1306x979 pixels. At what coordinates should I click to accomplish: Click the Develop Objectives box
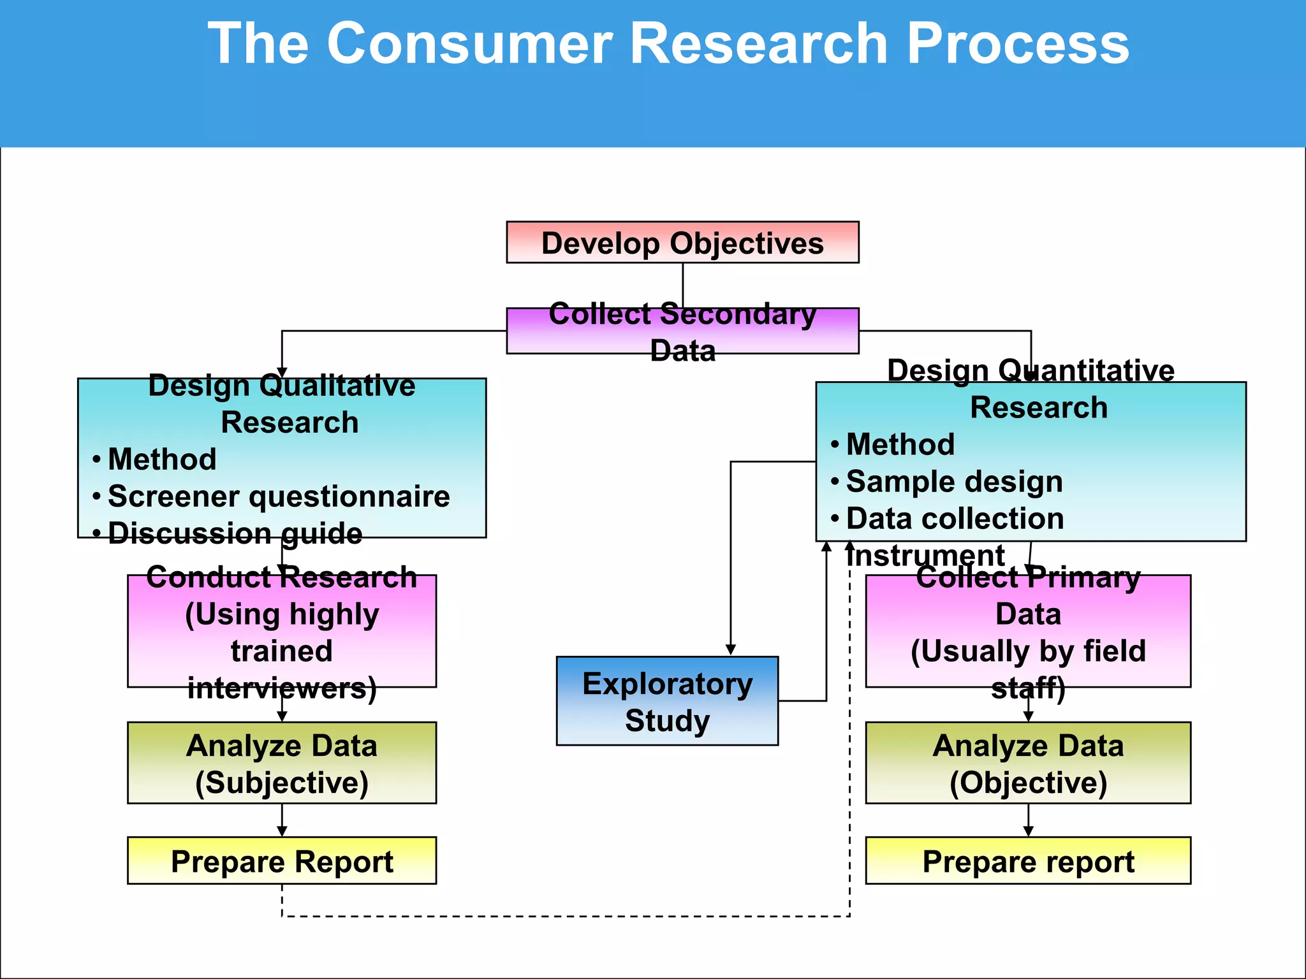coord(682,243)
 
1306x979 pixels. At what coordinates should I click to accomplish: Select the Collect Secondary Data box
coord(682,331)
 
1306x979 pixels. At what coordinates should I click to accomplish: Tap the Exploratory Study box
coord(667,701)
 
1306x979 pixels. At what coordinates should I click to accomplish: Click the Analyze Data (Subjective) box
coord(282,763)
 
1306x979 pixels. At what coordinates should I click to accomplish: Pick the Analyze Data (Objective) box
coord(1028,763)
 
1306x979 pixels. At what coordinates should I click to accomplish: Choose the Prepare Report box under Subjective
coord(282,861)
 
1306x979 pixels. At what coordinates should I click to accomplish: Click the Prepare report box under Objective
coord(1028,861)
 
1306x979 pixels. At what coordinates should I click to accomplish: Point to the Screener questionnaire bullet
coord(279,497)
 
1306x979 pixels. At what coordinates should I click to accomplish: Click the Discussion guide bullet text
coord(235,533)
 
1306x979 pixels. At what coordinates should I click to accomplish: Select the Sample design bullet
coord(954,482)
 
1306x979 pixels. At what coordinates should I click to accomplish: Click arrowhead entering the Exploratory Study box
coord(731,649)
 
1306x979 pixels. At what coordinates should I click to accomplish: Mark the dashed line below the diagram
coord(565,917)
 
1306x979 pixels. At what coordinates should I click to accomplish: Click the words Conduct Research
coord(282,577)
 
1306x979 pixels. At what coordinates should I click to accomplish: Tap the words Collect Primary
coord(1028,577)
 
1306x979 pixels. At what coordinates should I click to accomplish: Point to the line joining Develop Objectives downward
coord(683,284)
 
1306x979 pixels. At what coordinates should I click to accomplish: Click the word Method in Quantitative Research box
coord(900,444)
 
